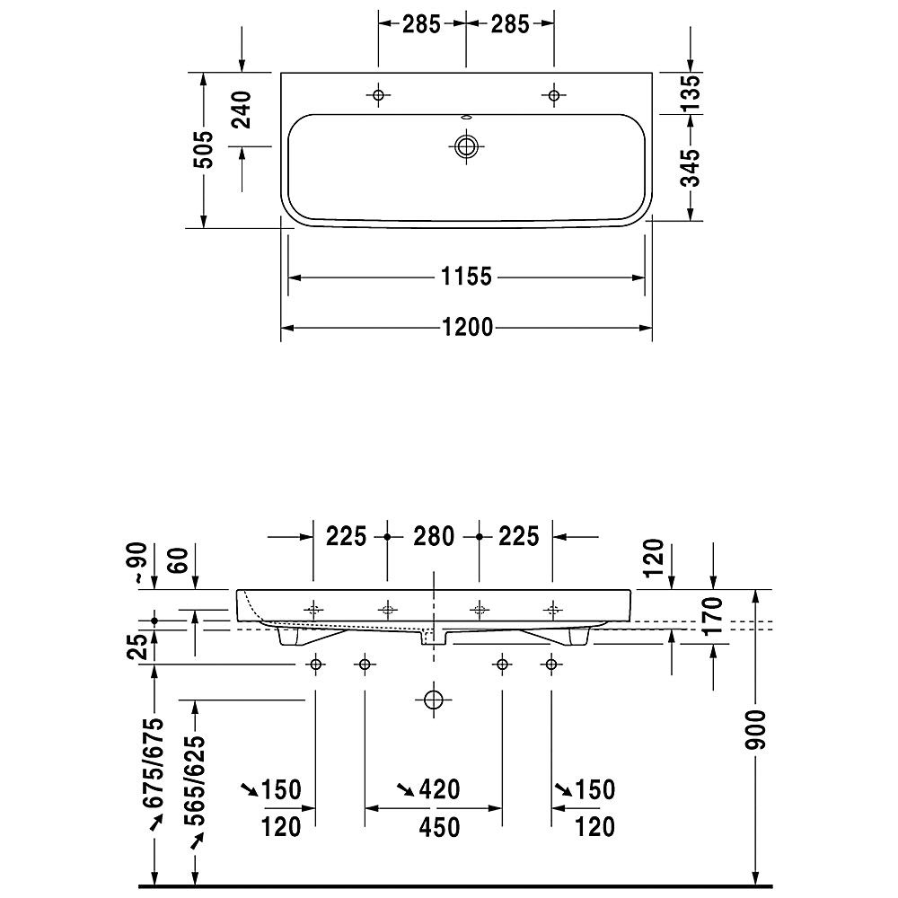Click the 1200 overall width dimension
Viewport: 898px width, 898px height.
point(467,328)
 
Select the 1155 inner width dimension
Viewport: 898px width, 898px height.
point(467,277)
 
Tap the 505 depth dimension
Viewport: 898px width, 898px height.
point(203,150)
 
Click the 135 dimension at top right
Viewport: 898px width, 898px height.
point(691,93)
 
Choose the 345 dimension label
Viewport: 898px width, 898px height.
point(691,168)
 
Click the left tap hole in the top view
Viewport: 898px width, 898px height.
point(378,95)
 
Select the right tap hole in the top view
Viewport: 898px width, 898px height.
point(554,95)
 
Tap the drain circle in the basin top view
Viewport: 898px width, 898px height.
point(466,146)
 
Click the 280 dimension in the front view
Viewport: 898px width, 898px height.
point(434,537)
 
